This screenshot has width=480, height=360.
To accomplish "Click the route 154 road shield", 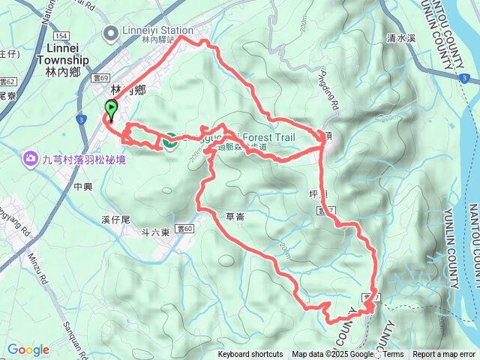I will coord(61,36).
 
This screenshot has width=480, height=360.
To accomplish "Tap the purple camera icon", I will coord(31,157).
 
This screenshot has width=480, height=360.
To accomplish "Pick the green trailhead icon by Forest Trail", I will coord(169,139).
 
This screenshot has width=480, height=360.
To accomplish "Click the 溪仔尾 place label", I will coord(115,220).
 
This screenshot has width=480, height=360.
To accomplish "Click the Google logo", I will coord(28,349).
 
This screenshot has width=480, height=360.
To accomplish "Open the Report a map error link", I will coord(445,355).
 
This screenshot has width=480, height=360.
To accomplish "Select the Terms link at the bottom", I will coord(393,355).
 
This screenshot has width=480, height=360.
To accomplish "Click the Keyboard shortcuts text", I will coord(250,355).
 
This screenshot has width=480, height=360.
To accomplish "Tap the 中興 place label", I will coord(83,184).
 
